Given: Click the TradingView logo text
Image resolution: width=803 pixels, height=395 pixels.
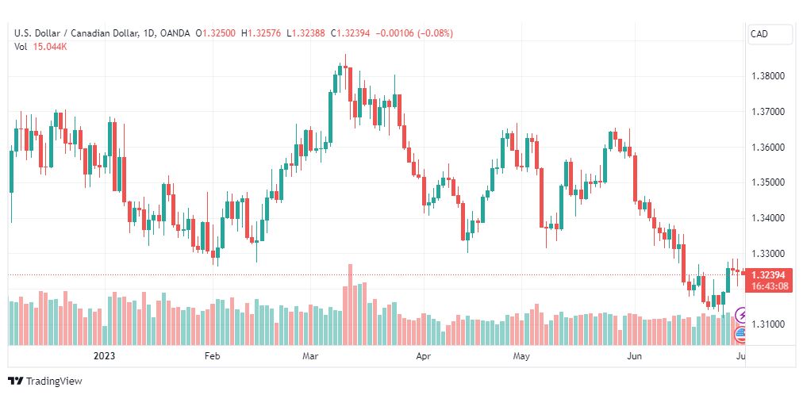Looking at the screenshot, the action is point(54,382).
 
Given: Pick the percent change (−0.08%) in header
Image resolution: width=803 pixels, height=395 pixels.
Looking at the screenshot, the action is point(436,33).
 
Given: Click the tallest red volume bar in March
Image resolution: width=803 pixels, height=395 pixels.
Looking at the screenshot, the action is point(350,305).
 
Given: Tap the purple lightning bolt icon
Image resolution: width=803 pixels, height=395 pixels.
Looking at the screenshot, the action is point(740,314).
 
